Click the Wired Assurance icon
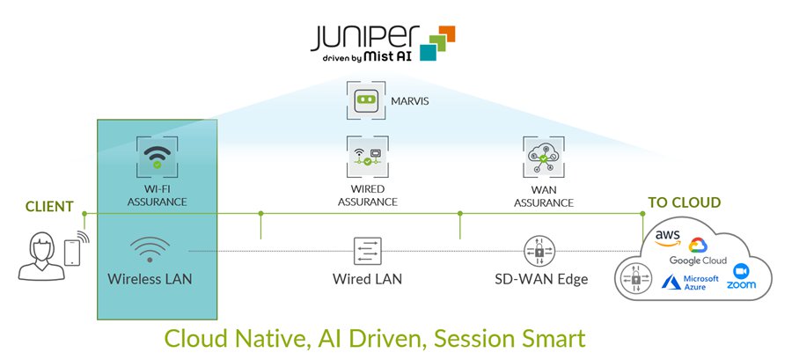coord(367,158)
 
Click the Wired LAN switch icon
coord(367,251)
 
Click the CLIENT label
coord(49,206)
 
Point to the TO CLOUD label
coord(684,202)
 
